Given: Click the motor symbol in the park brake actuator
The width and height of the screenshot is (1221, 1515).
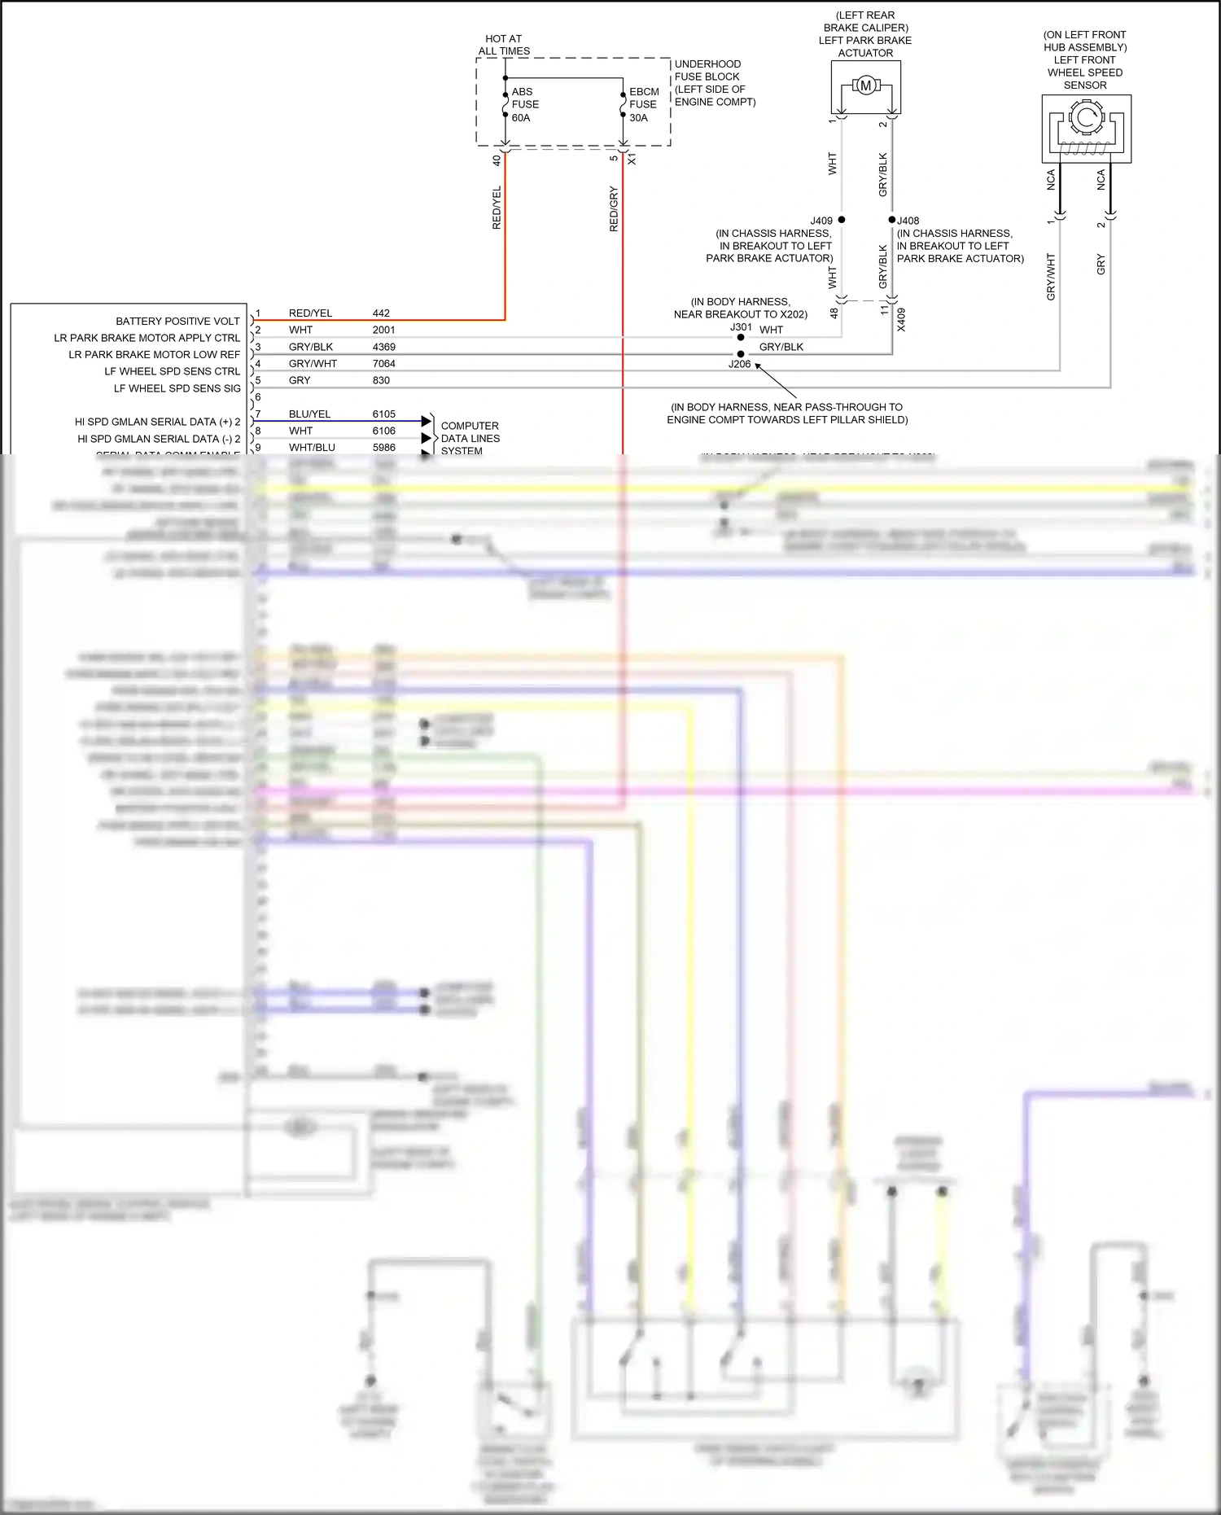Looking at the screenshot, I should point(865,85).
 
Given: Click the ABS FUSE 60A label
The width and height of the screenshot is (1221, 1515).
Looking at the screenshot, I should point(525,104).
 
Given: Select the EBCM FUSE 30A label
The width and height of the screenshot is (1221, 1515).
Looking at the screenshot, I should point(643,104).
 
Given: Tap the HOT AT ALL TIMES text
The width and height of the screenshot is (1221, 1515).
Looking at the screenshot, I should point(504,45).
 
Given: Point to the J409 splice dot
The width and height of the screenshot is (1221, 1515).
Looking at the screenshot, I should point(842,220).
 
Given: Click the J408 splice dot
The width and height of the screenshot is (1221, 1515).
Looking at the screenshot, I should point(892,220).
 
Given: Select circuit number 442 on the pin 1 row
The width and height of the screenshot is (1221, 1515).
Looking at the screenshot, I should point(381,313).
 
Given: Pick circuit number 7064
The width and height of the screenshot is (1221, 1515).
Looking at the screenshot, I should point(383,364).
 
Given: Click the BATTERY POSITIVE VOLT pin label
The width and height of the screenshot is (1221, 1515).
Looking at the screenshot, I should point(177,322).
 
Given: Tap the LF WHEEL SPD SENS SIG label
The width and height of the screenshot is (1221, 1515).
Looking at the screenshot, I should point(177,389).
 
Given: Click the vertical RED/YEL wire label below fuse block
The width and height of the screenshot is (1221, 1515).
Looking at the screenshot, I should point(497,208).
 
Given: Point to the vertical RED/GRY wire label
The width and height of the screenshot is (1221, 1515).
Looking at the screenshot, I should point(614,209).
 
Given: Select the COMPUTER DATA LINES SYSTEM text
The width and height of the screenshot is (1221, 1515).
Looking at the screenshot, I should point(470,438).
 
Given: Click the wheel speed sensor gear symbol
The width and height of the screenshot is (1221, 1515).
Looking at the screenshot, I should point(1085,118).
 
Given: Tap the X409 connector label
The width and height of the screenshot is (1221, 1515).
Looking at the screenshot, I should point(901,319).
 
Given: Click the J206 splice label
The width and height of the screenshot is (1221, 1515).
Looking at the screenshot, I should point(739,365).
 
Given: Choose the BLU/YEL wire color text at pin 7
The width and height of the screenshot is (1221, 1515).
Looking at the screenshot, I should point(309,414).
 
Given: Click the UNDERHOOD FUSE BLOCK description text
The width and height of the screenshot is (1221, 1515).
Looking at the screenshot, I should point(714,82).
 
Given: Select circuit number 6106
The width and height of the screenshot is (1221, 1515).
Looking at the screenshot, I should point(383,431).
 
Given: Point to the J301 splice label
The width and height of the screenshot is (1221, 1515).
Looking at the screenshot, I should point(741,327).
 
